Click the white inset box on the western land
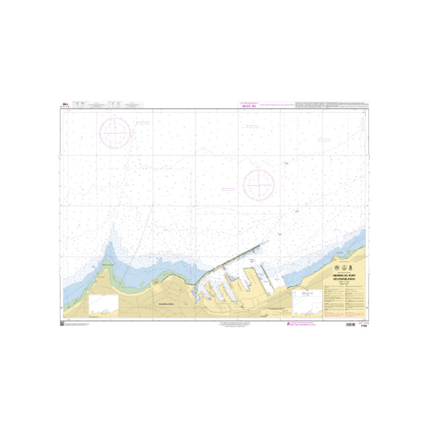pos(103,304)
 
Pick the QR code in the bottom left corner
pos(61,324)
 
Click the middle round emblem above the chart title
pos(344,268)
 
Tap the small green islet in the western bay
pos(109,263)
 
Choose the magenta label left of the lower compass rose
pos(229,189)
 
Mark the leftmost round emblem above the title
pos(336,268)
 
